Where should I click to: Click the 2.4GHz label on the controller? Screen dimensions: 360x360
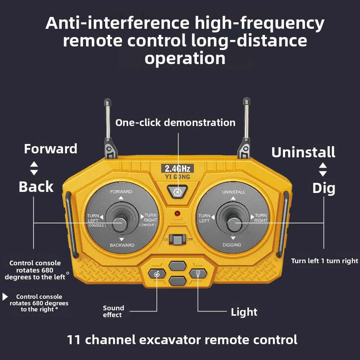(x=177, y=168)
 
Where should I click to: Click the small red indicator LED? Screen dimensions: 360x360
(x=177, y=213)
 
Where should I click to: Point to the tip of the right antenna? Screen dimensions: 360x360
(x=247, y=101)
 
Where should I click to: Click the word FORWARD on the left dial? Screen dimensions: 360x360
(x=121, y=192)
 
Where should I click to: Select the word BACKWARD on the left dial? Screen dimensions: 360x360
(x=122, y=245)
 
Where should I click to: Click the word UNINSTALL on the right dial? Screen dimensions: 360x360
(x=234, y=192)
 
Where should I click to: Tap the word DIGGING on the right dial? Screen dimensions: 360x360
(x=232, y=245)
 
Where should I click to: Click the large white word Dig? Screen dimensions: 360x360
(x=324, y=188)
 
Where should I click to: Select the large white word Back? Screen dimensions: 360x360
(x=36, y=187)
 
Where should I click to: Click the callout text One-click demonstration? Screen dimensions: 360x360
(x=175, y=123)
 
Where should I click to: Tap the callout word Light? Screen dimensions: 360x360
(x=244, y=312)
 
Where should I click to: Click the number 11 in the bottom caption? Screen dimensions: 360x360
(x=74, y=339)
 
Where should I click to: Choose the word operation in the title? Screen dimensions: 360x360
(x=185, y=58)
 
